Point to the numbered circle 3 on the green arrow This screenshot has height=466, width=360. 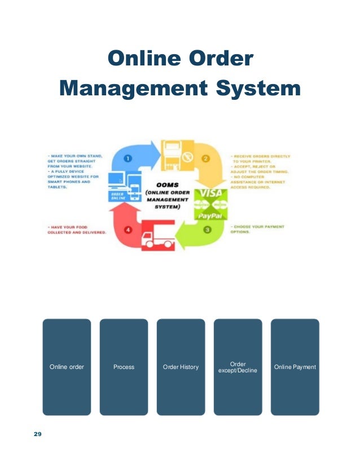(208, 229)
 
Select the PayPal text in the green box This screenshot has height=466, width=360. (210, 215)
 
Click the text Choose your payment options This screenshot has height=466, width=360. (256, 230)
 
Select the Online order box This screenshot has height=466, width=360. (67, 367)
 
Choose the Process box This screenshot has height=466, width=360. (124, 367)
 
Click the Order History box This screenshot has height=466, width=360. (181, 367)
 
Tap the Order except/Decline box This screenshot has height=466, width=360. (238, 367)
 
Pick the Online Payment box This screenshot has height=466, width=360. (295, 367)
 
